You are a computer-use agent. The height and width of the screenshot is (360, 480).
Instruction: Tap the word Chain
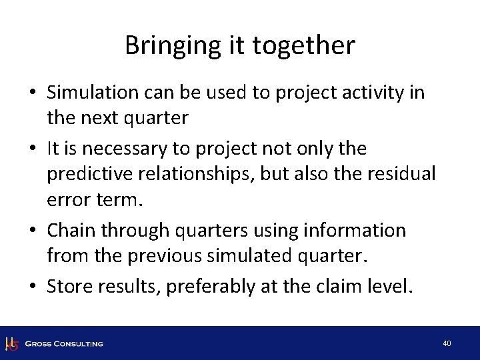tap(71, 230)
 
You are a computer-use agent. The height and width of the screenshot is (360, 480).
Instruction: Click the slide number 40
tap(447, 343)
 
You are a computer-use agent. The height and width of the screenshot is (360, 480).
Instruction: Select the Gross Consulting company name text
tap(64, 344)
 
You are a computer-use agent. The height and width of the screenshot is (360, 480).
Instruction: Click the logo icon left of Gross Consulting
tap(11, 343)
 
